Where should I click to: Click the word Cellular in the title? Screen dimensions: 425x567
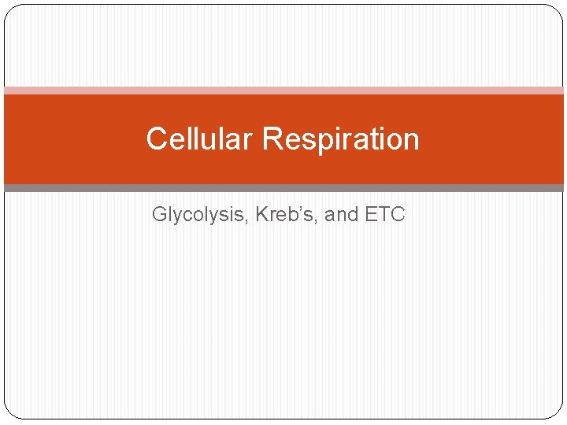point(200,139)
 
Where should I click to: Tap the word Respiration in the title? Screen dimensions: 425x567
point(341,139)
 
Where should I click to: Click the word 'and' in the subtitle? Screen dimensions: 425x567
point(342,214)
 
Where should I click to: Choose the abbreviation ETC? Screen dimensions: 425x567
point(385,214)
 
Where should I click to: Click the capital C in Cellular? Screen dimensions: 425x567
point(155,139)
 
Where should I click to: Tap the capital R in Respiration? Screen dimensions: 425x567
point(272,139)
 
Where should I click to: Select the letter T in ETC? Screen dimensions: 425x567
point(384,214)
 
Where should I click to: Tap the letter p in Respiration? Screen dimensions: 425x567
point(318,142)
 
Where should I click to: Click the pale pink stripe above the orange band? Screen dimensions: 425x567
point(283,91)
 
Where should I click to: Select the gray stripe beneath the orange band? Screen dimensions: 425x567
point(283,188)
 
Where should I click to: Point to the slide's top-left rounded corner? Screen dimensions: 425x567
point(9,9)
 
